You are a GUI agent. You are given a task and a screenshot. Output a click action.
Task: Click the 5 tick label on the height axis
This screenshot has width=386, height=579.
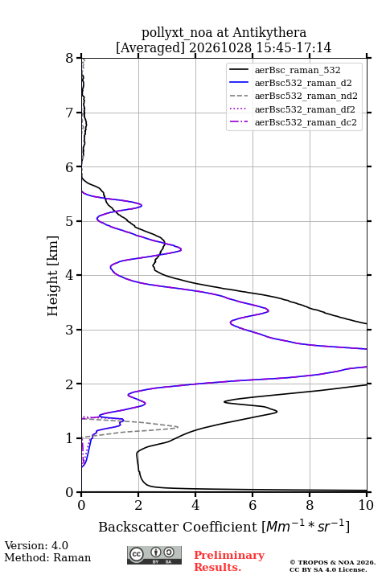tap(69, 222)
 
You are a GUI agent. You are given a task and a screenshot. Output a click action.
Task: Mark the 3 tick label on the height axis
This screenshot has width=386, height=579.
tap(69, 330)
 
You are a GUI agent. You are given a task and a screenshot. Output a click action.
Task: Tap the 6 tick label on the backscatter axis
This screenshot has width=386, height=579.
tap(253, 505)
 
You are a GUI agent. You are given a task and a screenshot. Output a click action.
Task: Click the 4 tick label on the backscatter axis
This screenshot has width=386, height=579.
tap(195, 505)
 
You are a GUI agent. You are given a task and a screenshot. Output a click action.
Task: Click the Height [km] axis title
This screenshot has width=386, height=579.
tap(53, 276)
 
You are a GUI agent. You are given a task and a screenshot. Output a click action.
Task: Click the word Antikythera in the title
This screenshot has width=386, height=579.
tap(269, 32)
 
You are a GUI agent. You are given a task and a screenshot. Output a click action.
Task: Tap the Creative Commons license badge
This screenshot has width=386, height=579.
tap(154, 555)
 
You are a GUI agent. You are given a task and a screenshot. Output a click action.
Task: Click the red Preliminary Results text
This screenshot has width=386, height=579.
tap(229, 561)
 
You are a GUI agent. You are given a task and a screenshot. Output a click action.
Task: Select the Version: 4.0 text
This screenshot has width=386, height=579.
tap(36, 545)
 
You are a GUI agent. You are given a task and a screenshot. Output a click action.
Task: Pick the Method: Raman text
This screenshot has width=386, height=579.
tap(47, 557)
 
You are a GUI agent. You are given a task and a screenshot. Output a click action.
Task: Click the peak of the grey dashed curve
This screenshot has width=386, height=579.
tap(178, 427)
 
